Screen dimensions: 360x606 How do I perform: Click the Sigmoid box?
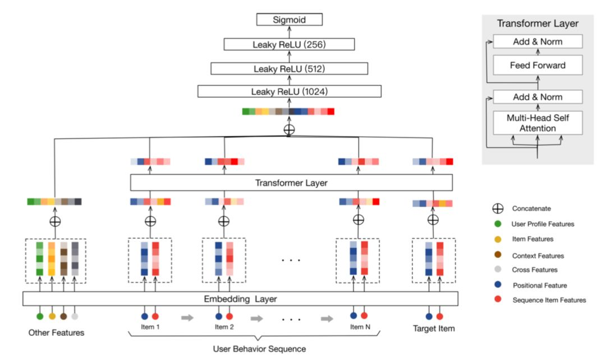[290, 20]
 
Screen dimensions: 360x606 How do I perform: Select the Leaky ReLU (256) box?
[290, 44]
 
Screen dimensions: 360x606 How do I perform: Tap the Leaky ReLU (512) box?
[290, 68]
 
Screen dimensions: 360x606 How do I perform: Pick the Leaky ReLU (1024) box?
[290, 91]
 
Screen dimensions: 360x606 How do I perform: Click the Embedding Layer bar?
[240, 298]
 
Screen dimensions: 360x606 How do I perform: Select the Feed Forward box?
[538, 66]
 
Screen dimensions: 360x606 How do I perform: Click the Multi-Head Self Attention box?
[538, 122]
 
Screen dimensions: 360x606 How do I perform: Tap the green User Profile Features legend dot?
[497, 224]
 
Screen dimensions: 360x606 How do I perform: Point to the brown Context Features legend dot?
[497, 255]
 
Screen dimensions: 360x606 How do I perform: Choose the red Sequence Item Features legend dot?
[497, 300]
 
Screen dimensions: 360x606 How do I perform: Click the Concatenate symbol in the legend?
[497, 209]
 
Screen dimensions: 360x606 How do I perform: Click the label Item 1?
[150, 327]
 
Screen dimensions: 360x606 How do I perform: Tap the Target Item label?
[434, 328]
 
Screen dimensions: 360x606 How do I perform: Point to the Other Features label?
[56, 333]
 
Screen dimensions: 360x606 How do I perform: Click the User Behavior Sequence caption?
[259, 349]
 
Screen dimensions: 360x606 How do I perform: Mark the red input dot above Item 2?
[229, 316]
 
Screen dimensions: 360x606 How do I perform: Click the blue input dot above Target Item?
[429, 316]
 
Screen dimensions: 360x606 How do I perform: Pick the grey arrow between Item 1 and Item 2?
[187, 319]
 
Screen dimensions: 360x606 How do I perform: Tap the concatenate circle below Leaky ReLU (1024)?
[289, 130]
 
